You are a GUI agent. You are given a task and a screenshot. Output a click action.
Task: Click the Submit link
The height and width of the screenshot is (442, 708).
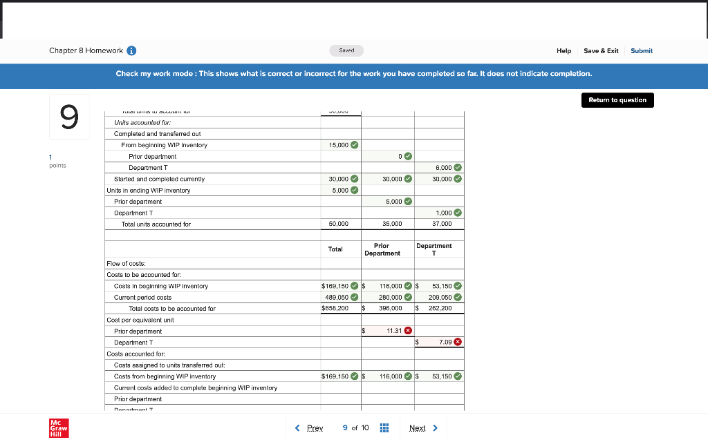coord(641,50)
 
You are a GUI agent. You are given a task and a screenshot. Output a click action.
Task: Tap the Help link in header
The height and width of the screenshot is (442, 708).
coord(563,50)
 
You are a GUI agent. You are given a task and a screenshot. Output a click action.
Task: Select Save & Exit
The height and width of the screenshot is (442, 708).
coord(601,50)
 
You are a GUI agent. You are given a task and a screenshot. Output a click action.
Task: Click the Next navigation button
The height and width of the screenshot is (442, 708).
coord(423,428)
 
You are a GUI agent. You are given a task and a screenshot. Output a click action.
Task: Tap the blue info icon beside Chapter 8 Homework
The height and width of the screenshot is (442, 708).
coord(131,50)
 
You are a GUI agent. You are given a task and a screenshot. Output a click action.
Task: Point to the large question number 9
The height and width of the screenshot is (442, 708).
coord(68,117)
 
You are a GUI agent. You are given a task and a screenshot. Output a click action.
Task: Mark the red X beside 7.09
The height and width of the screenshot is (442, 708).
coord(458,342)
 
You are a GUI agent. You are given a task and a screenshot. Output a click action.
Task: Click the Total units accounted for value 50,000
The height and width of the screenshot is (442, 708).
coord(339,224)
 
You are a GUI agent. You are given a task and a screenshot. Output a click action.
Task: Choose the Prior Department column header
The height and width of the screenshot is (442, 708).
coord(382,249)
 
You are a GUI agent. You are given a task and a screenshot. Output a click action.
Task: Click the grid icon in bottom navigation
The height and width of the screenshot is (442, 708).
coord(384,428)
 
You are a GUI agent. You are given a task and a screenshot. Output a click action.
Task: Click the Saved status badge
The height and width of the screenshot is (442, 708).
coord(347,50)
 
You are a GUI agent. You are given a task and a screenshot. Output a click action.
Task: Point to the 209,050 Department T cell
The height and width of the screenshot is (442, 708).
coord(437,297)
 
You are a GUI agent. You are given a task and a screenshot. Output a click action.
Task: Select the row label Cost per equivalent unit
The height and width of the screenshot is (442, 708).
coord(140,320)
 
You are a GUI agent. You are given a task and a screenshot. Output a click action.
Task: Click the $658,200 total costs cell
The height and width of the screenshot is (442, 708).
coord(336,309)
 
